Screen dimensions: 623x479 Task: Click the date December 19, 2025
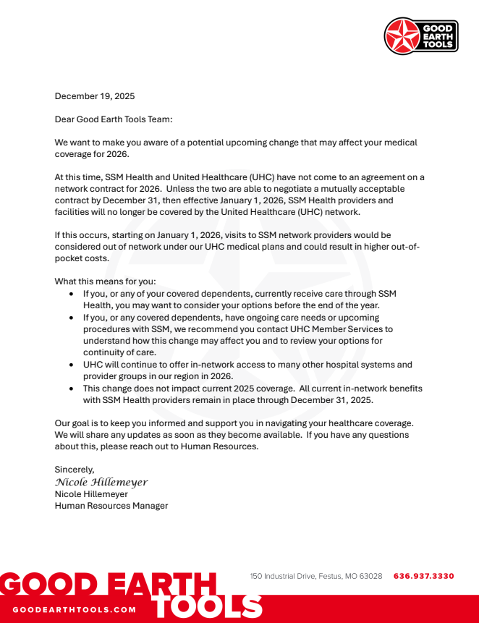[x=95, y=96]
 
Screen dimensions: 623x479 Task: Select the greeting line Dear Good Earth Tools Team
[x=114, y=119]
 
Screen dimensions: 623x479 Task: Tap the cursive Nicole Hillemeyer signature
[x=101, y=482]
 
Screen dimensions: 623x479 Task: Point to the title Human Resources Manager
[x=111, y=506]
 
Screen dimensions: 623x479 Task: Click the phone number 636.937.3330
[x=423, y=576]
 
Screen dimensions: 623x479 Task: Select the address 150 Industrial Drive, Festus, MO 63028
[x=316, y=576]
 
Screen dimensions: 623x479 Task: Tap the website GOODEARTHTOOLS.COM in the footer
[x=74, y=609]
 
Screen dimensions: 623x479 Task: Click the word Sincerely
[x=75, y=470]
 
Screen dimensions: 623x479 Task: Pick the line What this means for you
[x=105, y=281]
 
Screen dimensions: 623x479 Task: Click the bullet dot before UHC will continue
[x=71, y=365]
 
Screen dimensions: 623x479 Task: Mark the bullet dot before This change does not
[x=71, y=389]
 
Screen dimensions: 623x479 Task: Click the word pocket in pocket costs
[x=70, y=258]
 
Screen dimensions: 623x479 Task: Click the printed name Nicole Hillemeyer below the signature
[x=91, y=494]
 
